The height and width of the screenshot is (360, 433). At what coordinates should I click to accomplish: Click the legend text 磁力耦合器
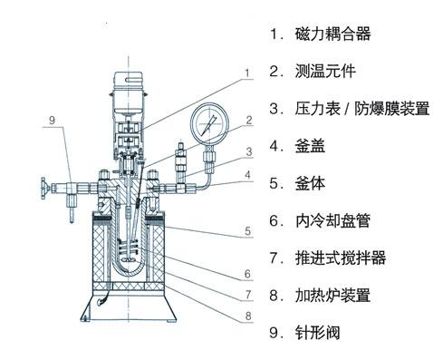pos(332,34)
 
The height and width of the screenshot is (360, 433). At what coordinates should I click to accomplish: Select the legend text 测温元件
pos(325,71)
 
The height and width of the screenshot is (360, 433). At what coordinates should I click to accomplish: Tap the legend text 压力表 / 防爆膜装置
pos(362,109)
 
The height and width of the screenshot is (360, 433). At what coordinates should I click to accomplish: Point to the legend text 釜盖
pos(310,146)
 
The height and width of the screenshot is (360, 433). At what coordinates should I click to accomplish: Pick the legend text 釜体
pos(310,183)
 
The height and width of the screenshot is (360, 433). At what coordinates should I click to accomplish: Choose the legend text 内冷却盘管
pos(332,220)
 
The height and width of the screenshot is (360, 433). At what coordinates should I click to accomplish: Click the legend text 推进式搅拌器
pos(341,258)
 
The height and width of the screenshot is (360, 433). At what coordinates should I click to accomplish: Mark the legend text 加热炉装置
pos(332,296)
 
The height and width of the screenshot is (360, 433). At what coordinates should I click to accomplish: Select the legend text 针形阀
pos(318,333)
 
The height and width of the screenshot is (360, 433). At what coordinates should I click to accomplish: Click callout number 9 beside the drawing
pos(53,121)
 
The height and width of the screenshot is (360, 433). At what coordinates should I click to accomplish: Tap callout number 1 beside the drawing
pos(247,73)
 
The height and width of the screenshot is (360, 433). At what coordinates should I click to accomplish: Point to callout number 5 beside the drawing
pos(247,231)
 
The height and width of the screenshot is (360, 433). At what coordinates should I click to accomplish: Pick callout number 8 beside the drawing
pos(248,316)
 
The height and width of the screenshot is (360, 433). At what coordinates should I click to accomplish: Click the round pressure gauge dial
pos(209,124)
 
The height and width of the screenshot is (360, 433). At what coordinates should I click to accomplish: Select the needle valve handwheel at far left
pos(45,189)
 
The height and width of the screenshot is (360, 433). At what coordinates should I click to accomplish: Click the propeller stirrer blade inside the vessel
pos(130,260)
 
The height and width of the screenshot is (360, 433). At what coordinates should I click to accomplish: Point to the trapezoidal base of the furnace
pos(129,306)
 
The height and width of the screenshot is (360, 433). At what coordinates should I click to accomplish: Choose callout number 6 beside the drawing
pos(247,274)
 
